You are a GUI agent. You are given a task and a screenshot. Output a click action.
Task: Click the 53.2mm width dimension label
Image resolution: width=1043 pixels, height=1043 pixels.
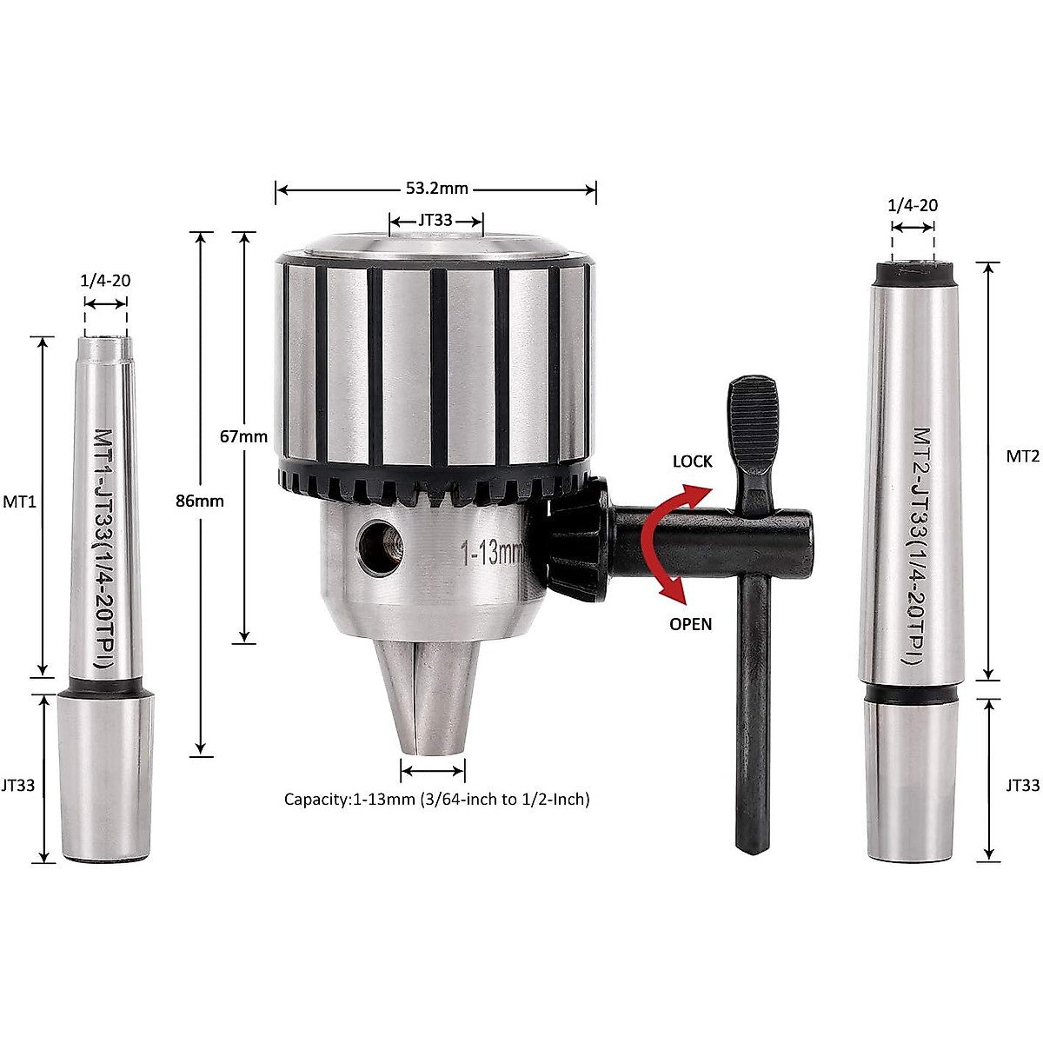click(436, 189)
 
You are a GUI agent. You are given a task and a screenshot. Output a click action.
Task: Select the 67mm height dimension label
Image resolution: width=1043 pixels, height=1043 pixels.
click(243, 436)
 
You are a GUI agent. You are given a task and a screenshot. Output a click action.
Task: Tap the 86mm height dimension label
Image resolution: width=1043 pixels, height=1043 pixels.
click(200, 501)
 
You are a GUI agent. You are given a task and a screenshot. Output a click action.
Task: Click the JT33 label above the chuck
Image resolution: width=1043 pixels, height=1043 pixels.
click(435, 221)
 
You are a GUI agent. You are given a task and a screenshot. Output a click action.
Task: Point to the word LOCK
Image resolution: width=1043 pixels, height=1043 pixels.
click(692, 462)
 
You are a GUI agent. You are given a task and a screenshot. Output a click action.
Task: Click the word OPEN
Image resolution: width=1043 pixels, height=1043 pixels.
click(690, 624)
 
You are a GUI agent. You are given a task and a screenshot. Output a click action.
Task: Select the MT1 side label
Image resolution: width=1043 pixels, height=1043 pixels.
click(19, 502)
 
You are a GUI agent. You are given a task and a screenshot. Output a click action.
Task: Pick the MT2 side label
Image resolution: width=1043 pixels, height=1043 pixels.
click(1022, 456)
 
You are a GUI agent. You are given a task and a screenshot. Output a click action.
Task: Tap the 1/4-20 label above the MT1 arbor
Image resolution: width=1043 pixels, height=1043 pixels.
click(106, 281)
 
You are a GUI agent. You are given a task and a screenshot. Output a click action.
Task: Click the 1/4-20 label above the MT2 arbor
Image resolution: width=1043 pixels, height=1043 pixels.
click(913, 205)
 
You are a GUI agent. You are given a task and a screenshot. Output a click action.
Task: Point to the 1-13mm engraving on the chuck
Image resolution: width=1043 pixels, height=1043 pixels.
click(491, 553)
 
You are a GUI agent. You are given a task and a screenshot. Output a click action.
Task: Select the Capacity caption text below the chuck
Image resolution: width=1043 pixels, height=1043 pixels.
click(436, 799)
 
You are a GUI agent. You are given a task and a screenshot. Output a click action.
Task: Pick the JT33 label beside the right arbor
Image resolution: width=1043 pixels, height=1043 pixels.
click(1022, 785)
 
